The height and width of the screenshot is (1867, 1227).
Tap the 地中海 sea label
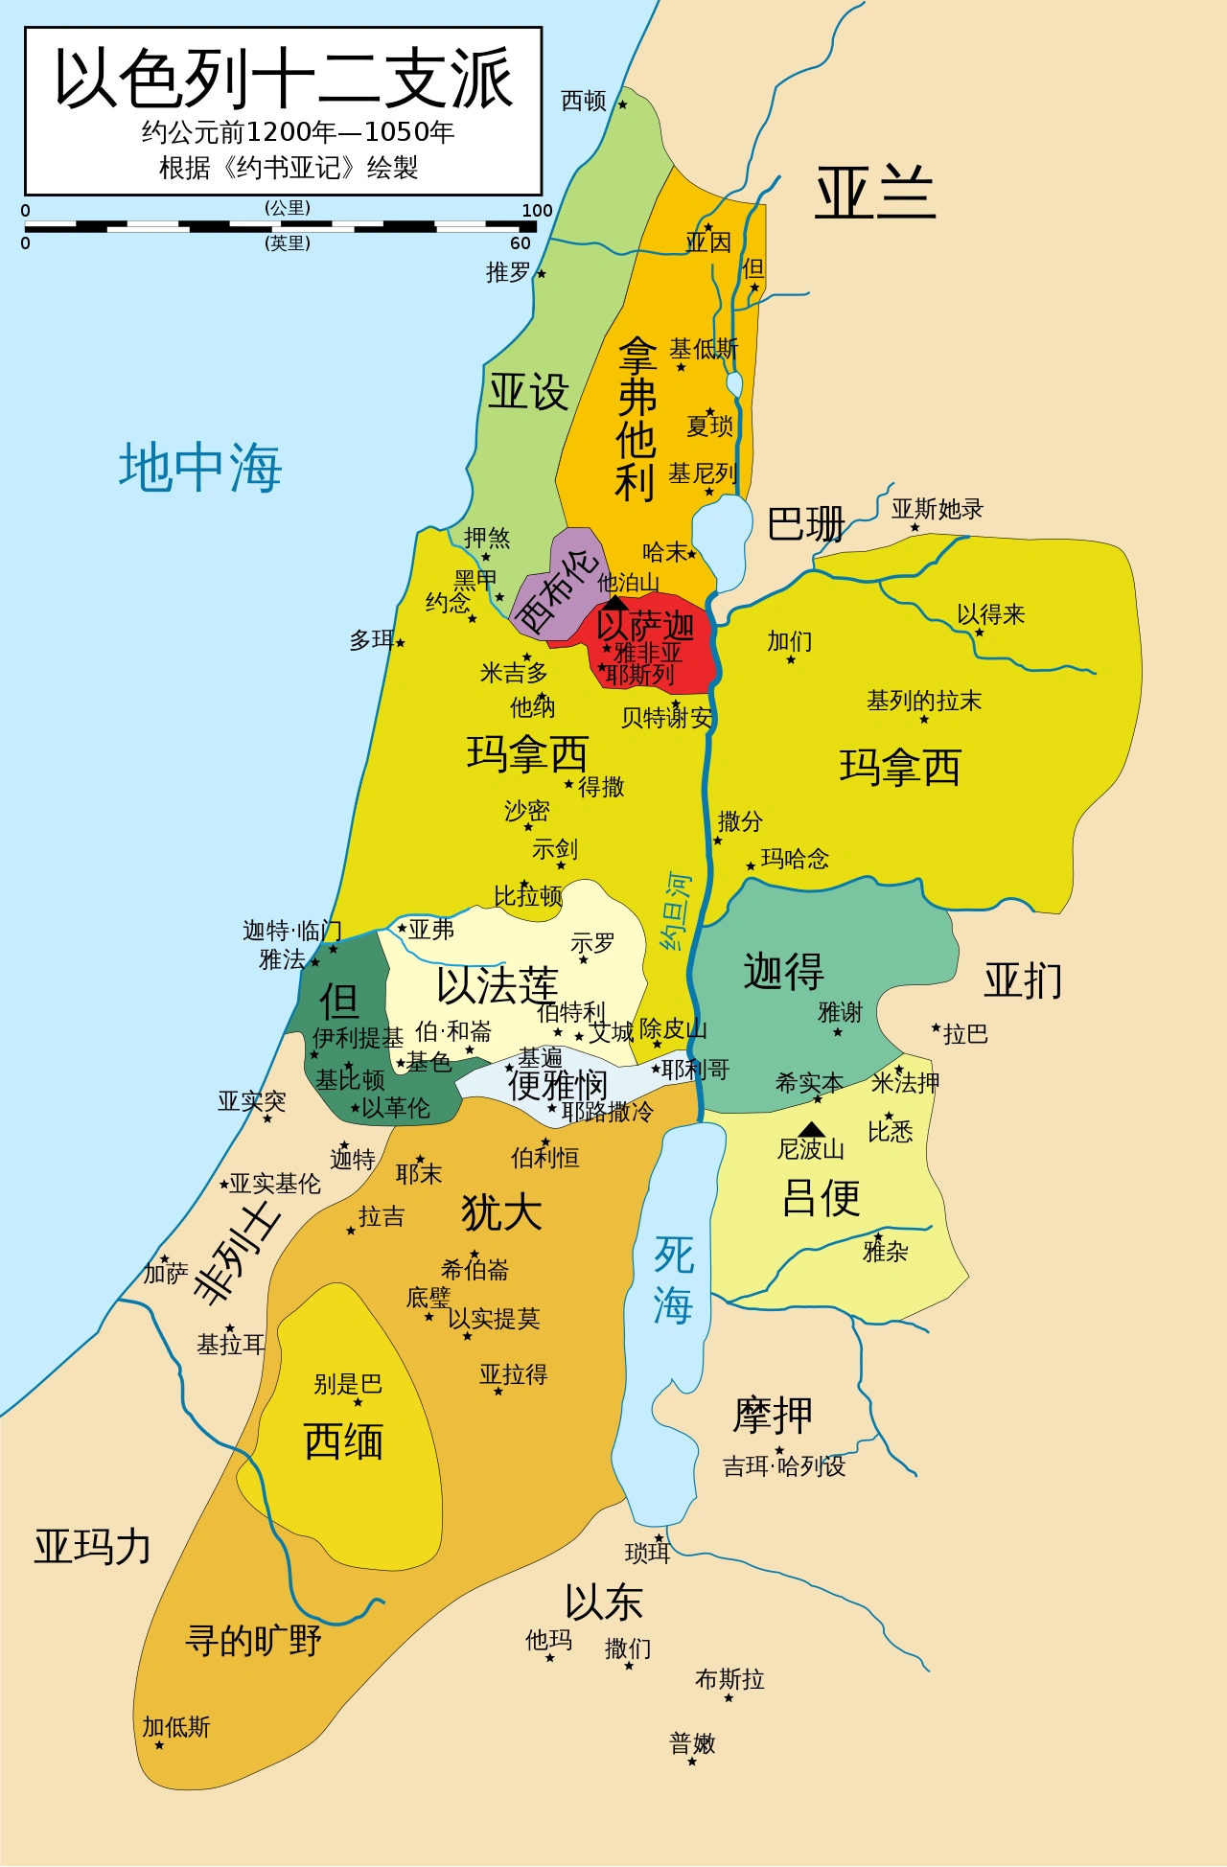pos(200,468)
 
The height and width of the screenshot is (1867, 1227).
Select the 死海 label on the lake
pos(673,1279)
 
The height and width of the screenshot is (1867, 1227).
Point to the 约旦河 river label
pos(676,910)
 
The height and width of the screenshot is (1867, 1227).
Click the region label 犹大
pos(501,1211)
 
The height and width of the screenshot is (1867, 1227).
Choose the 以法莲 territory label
pos(497,985)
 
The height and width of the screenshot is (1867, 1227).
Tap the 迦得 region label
pos(783,971)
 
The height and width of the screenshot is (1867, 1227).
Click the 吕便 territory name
pos(821,1197)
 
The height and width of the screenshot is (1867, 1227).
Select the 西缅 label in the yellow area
pos(343,1441)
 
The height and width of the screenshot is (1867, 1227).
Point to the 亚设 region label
pos(528,392)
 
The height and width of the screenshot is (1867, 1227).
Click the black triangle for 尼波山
pos(811,1129)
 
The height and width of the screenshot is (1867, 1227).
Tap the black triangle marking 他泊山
pos(614,603)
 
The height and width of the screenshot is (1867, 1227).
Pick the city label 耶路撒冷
pos(608,1112)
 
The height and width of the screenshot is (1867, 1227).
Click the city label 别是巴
pos(348,1384)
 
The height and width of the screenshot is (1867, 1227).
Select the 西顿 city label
pos(583,101)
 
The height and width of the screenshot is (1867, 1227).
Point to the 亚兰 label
pos(874,193)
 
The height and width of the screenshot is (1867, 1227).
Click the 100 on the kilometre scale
pos(537,211)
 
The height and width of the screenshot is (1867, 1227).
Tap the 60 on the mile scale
pos(521,243)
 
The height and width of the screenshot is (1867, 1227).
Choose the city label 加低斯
pos(176,1727)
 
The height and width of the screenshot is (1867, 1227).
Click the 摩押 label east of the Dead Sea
pos(773,1415)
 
